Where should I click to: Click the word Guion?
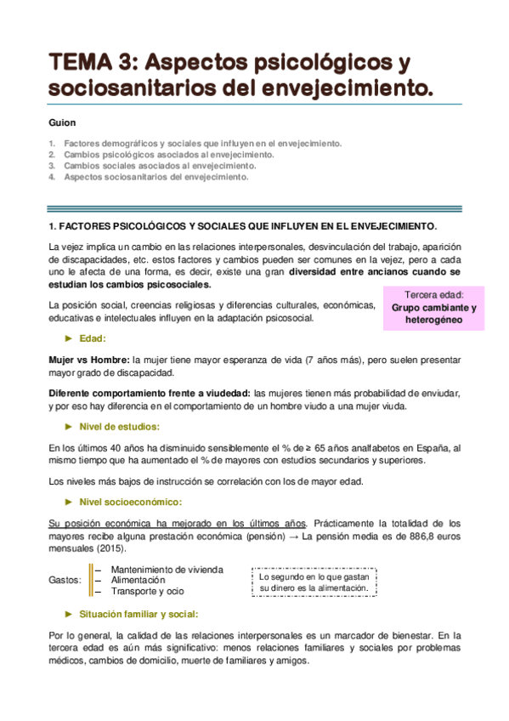pyautogui.click(x=63, y=122)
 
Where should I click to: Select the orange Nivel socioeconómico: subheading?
pyautogui.click(x=129, y=502)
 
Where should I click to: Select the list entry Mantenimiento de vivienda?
pyautogui.click(x=167, y=569)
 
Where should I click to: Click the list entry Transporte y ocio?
pyautogui.click(x=147, y=591)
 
